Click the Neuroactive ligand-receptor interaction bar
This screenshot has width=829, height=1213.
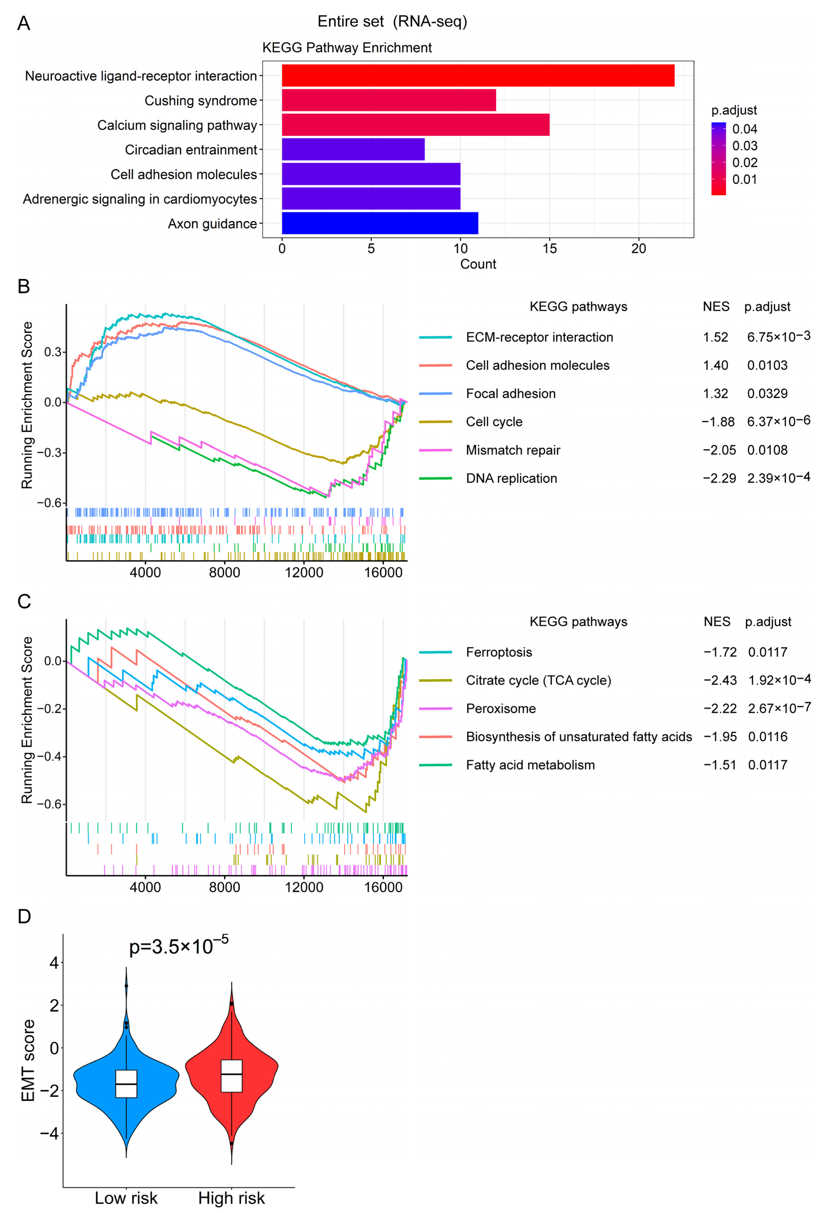tap(478, 76)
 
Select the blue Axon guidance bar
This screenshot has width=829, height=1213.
tap(380, 223)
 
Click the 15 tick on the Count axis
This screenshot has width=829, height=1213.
tap(549, 249)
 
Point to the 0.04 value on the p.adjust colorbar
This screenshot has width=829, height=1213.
tap(745, 129)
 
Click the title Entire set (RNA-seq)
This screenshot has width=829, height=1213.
tap(392, 21)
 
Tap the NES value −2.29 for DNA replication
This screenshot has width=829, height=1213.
tap(719, 479)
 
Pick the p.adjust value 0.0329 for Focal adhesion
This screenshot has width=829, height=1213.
tap(767, 394)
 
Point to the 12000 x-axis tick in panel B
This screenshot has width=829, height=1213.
tap(304, 573)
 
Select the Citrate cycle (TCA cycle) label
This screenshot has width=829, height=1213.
tap(538, 681)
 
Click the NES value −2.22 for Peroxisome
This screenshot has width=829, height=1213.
tap(720, 709)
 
